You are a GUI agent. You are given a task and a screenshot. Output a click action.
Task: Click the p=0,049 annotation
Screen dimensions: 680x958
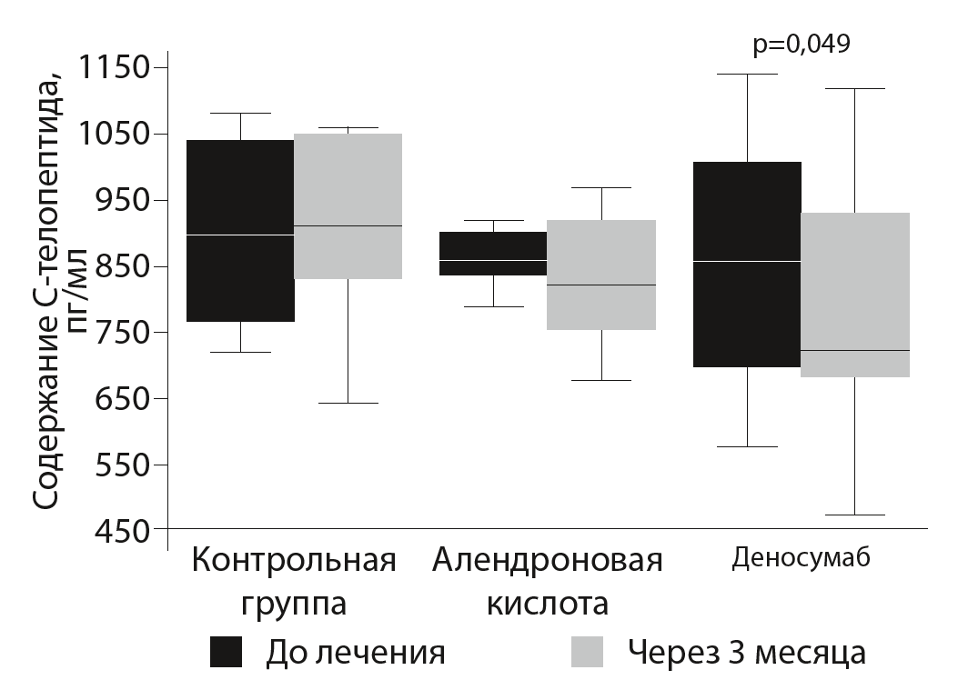click(x=802, y=45)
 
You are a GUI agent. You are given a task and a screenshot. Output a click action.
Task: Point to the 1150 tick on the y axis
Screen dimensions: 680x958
click(x=116, y=68)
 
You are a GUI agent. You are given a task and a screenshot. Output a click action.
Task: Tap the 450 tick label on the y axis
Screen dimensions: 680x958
click(x=116, y=531)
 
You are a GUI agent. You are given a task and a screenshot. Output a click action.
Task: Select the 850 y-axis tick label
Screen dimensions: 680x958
click(x=116, y=266)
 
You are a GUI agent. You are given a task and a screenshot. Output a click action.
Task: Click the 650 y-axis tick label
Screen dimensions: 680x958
click(x=116, y=399)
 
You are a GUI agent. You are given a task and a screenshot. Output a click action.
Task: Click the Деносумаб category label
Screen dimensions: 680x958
click(x=801, y=557)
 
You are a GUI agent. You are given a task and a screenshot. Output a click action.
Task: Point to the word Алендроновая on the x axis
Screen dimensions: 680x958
click(x=547, y=559)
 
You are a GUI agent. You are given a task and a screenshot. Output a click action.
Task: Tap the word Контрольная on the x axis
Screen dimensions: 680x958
click(x=294, y=559)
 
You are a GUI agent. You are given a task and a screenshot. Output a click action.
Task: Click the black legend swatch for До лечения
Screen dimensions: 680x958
click(x=227, y=652)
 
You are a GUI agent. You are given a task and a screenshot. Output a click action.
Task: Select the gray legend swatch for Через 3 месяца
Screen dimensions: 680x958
click(x=587, y=652)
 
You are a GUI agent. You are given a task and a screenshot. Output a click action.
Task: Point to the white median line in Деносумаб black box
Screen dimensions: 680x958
click(x=747, y=261)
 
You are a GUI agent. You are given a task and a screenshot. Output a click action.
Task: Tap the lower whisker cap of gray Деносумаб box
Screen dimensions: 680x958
click(x=855, y=515)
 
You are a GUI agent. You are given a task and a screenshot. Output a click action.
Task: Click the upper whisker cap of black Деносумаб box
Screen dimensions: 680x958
click(x=747, y=74)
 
